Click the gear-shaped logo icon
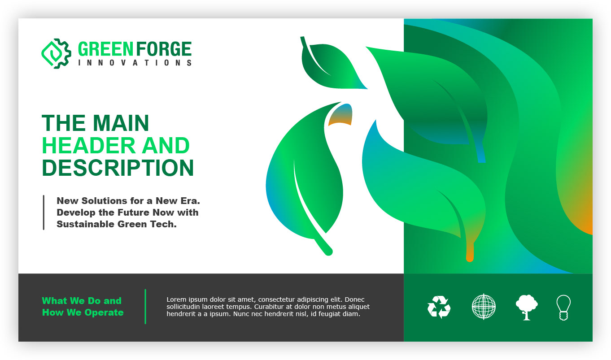(x=56, y=53)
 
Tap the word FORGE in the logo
(x=164, y=49)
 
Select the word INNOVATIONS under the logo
(x=135, y=63)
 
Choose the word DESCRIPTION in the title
(x=118, y=168)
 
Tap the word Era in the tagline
(x=190, y=201)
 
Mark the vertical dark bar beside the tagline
(x=44, y=213)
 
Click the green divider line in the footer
(x=145, y=306)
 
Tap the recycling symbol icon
(x=439, y=307)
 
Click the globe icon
(x=484, y=307)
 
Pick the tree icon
(x=527, y=307)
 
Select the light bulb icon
(x=563, y=307)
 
